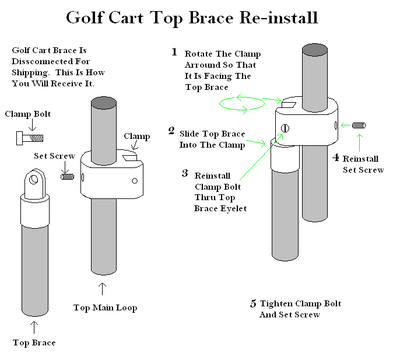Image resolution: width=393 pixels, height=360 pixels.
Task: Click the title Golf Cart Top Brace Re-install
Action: pyautogui.click(x=192, y=18)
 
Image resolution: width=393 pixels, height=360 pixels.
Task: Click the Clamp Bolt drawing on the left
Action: pyautogui.click(x=27, y=138)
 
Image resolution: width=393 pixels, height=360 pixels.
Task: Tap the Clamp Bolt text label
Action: pyautogui.click(x=27, y=114)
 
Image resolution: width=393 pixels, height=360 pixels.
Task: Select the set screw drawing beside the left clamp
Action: pyautogui.click(x=68, y=175)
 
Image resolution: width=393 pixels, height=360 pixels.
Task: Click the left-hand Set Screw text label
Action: pyautogui.click(x=54, y=156)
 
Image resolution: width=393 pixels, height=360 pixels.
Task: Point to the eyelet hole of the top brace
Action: pyautogui.click(x=34, y=177)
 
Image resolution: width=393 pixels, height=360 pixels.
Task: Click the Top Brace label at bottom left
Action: pyautogui.click(x=34, y=342)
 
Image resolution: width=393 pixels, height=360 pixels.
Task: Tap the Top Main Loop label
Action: pyautogui.click(x=105, y=307)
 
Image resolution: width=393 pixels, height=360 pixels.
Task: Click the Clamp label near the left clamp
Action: pyautogui.click(x=137, y=137)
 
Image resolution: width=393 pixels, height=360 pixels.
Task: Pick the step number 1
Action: pyautogui.click(x=174, y=53)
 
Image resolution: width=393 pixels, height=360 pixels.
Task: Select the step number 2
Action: pyautogui.click(x=171, y=131)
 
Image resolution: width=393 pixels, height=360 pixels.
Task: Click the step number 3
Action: pyautogui.click(x=185, y=173)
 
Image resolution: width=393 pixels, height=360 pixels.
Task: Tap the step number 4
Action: pyautogui.click(x=335, y=157)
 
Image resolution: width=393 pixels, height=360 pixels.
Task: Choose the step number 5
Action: pyautogui.click(x=253, y=303)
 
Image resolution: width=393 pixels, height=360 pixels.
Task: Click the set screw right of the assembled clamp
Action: pyautogui.click(x=359, y=124)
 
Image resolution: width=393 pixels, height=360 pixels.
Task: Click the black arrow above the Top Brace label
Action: pyautogui.click(x=33, y=327)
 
